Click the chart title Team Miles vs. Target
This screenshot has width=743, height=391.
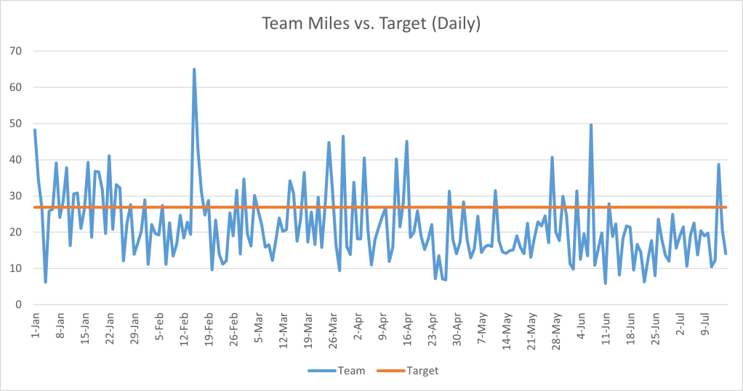point(371,24)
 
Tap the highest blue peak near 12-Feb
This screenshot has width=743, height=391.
point(194,70)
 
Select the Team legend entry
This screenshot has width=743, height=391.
point(336,371)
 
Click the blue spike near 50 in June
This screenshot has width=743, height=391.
point(591,125)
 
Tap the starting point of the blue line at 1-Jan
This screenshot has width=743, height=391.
point(35,130)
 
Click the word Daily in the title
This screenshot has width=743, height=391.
point(457,24)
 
